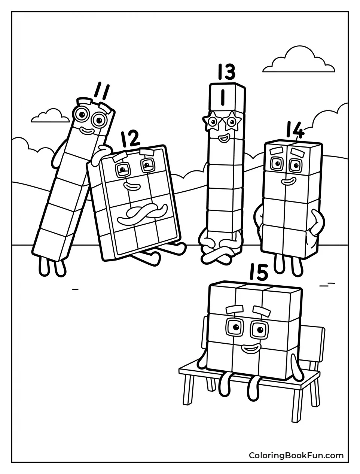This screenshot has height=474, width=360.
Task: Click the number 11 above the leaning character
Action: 101,91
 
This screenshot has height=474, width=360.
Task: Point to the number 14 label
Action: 295,130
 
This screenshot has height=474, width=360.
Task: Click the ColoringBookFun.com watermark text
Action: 296,455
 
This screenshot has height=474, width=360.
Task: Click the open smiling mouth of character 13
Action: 223,139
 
